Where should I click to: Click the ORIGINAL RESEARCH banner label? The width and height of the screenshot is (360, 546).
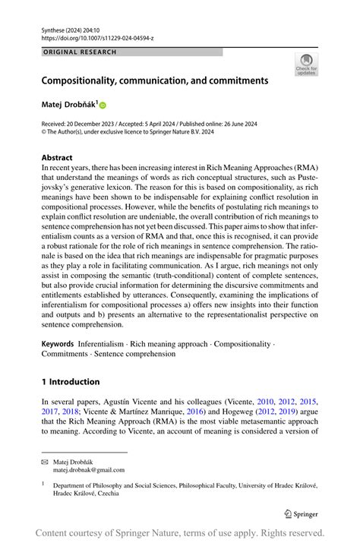tap(81, 52)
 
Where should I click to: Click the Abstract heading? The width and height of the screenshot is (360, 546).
tap(58, 158)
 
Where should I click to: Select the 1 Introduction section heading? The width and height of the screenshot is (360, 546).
tap(70, 381)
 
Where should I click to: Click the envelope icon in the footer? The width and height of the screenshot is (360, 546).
tap(45, 461)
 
